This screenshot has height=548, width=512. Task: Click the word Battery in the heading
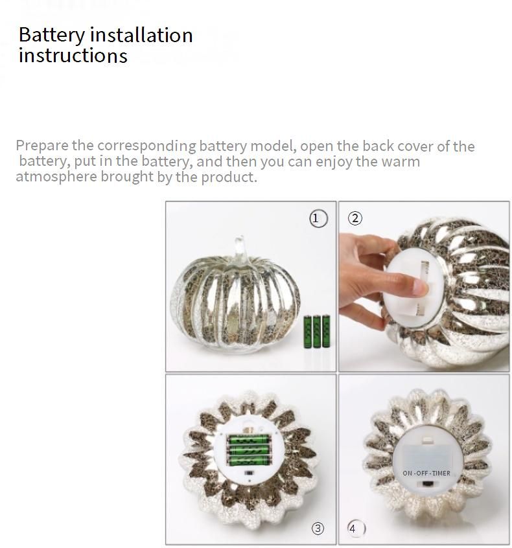click(x=52, y=36)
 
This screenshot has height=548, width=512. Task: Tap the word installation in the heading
click(x=141, y=34)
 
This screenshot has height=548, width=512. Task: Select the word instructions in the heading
click(x=73, y=56)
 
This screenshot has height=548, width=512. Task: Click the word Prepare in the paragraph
click(x=42, y=146)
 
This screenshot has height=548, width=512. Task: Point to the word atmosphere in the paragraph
click(x=56, y=177)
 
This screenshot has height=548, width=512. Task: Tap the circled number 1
click(x=318, y=218)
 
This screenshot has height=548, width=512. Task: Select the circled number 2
click(x=355, y=218)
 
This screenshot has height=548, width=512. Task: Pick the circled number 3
click(x=318, y=528)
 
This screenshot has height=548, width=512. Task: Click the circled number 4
click(x=355, y=529)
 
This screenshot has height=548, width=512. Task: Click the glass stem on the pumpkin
click(x=241, y=249)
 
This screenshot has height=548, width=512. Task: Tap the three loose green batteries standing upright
click(x=316, y=331)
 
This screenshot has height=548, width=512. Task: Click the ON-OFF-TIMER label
click(x=426, y=474)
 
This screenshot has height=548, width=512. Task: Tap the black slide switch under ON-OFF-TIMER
click(x=427, y=484)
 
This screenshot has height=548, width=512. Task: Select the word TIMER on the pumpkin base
click(x=441, y=474)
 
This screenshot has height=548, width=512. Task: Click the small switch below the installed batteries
click(x=249, y=473)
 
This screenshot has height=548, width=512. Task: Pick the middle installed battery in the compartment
click(x=249, y=450)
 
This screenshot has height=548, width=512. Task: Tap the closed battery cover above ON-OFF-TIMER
click(x=427, y=453)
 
